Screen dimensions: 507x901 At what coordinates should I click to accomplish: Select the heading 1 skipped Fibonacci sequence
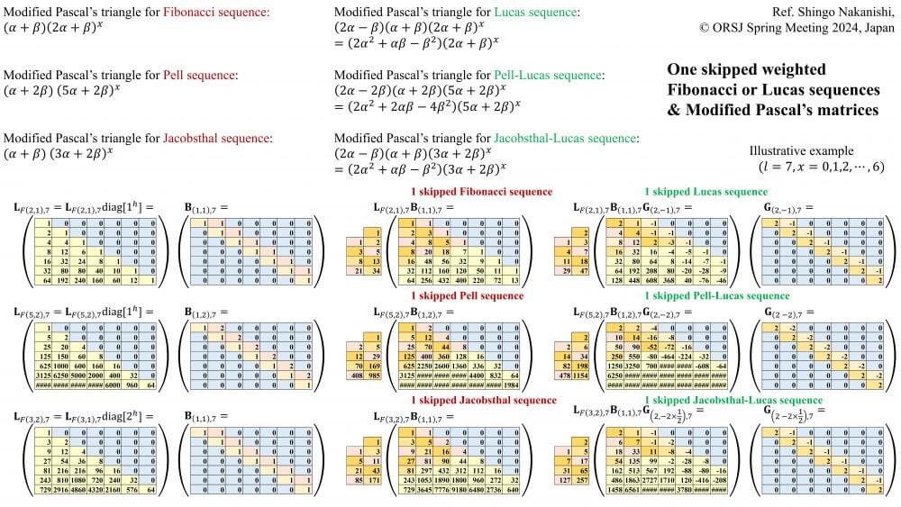pos(482,192)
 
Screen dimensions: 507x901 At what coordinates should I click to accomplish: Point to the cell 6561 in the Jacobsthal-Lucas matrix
pos(623,492)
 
